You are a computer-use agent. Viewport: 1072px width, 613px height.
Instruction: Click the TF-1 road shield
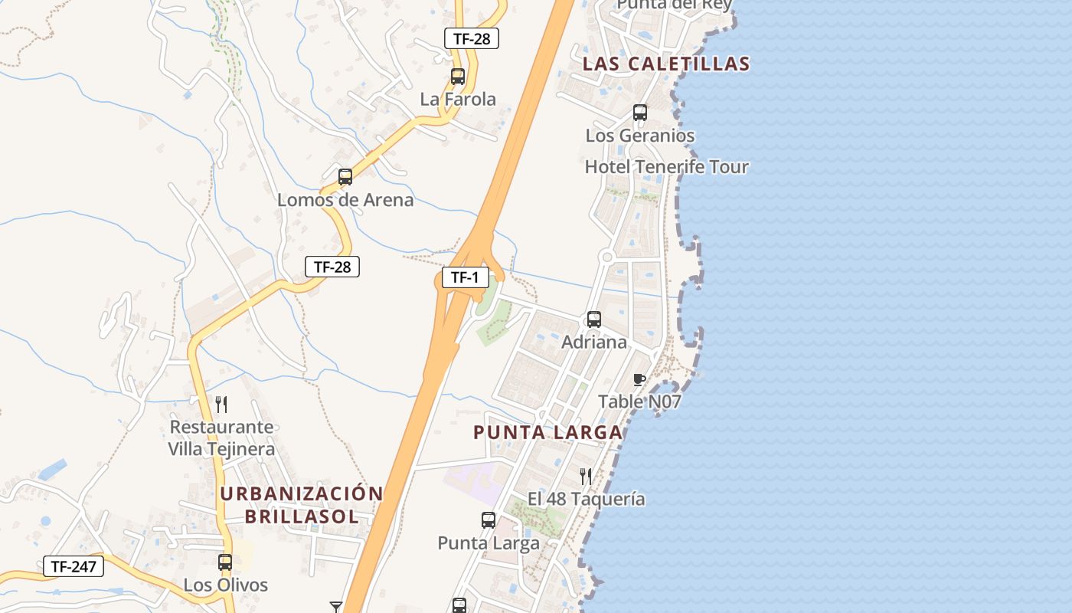[x=465, y=277]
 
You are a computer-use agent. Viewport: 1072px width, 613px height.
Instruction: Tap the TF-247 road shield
[x=73, y=566]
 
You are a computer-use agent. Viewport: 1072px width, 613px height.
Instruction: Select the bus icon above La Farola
[x=458, y=77]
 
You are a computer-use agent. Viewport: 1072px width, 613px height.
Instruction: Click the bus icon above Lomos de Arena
[x=345, y=177]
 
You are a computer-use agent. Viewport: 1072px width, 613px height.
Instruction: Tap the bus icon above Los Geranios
[x=640, y=113]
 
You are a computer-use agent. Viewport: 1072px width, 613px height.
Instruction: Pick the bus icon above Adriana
[x=594, y=320]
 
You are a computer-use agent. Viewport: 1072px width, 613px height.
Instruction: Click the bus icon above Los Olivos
[x=225, y=562]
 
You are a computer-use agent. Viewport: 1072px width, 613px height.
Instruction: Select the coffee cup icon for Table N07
[x=639, y=379]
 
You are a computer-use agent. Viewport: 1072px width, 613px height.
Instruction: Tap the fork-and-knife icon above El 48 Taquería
[x=586, y=477]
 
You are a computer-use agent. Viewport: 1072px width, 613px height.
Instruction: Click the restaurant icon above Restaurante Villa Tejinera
[x=221, y=404]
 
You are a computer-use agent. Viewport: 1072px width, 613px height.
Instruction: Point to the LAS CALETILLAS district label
[x=665, y=64]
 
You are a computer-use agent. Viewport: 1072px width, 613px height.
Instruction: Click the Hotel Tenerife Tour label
[x=666, y=166]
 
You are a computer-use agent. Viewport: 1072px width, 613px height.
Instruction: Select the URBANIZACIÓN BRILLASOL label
[x=302, y=505]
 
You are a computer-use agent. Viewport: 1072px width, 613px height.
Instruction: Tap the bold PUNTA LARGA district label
[x=547, y=432]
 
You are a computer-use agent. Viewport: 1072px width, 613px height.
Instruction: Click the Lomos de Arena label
[x=345, y=200]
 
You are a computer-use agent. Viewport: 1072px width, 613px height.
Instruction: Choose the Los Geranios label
[x=640, y=136]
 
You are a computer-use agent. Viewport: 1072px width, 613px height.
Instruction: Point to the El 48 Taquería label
[x=587, y=500]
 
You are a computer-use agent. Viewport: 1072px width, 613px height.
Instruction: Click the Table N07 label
[x=639, y=402]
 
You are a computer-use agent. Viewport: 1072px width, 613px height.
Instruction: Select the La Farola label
[x=458, y=99]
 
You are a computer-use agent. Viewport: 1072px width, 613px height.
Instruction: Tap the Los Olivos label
[x=226, y=585]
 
